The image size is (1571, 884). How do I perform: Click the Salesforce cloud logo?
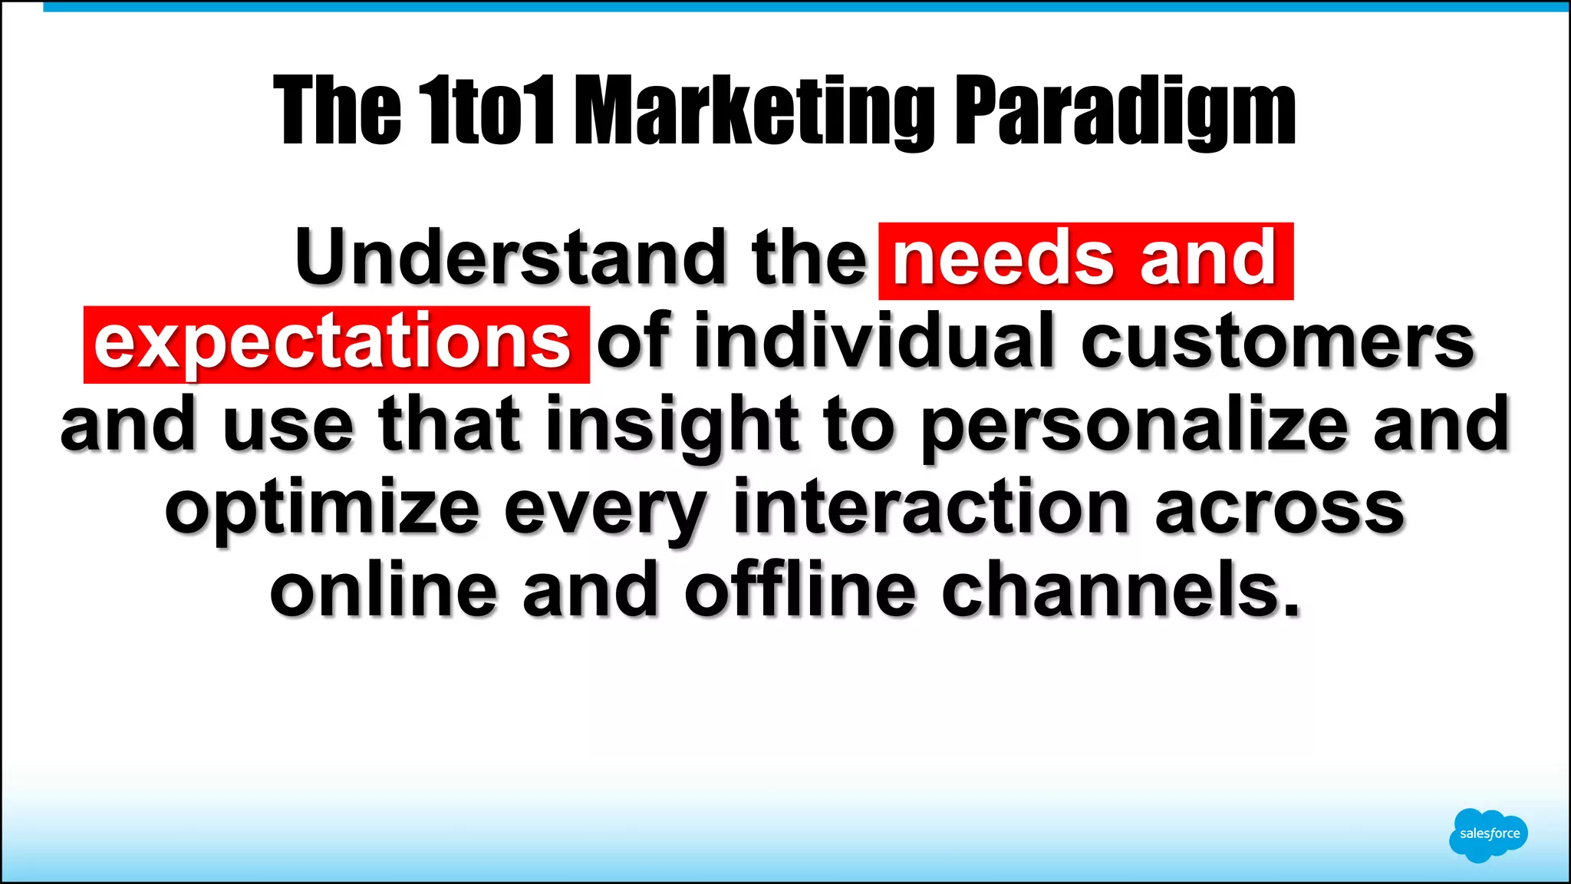click(x=1487, y=834)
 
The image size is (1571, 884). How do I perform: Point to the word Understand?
click(x=509, y=258)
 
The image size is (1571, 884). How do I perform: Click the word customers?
click(x=1277, y=342)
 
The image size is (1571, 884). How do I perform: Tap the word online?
click(x=384, y=590)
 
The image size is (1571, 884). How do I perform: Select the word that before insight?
click(x=450, y=424)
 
